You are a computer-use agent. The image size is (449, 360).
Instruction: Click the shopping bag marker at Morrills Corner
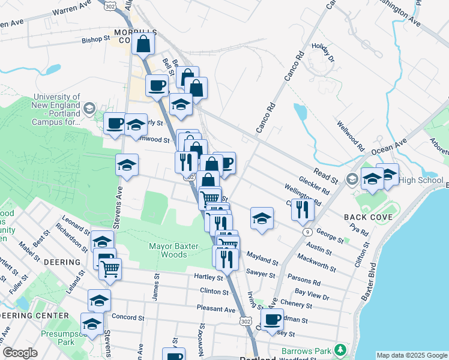click(x=143, y=44)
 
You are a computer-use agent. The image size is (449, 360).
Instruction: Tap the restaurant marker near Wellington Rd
click(x=301, y=209)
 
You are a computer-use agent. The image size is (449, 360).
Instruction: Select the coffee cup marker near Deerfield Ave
click(x=272, y=319)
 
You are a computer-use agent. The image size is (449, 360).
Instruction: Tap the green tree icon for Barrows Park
click(x=340, y=349)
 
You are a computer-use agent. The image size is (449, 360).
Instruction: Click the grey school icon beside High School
click(x=352, y=179)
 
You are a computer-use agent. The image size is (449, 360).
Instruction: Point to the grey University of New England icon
click(x=89, y=109)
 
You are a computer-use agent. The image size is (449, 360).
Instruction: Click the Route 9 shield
click(x=307, y=231)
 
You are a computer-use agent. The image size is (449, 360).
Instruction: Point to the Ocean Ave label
click(x=393, y=145)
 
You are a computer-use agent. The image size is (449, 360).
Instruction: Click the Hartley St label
click(x=208, y=277)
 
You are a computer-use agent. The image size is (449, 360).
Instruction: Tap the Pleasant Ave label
click(x=215, y=309)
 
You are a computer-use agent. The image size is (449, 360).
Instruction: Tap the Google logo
click(x=20, y=353)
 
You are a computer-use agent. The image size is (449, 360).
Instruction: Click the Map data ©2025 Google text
click(x=411, y=355)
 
